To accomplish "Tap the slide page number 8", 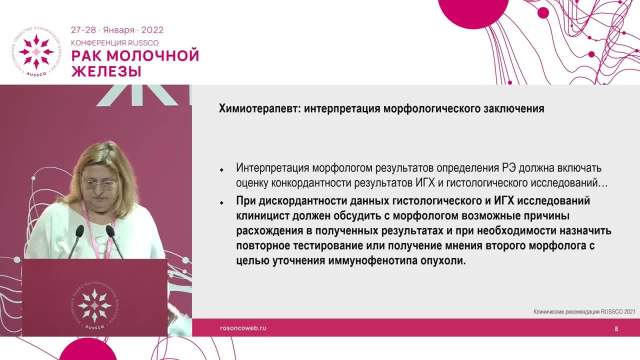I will (616, 328).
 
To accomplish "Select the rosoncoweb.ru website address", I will (243, 328).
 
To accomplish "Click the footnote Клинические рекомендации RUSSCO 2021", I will (584, 311).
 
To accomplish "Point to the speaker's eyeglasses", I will (98, 183).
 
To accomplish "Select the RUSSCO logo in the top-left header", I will (36, 52).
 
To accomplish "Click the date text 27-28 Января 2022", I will (117, 30).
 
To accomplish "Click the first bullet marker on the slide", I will (221, 170).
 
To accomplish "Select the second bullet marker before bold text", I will (221, 203).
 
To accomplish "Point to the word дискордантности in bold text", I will (301, 201).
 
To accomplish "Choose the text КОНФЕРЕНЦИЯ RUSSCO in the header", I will (114, 43).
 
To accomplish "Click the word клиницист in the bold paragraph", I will (261, 216).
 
